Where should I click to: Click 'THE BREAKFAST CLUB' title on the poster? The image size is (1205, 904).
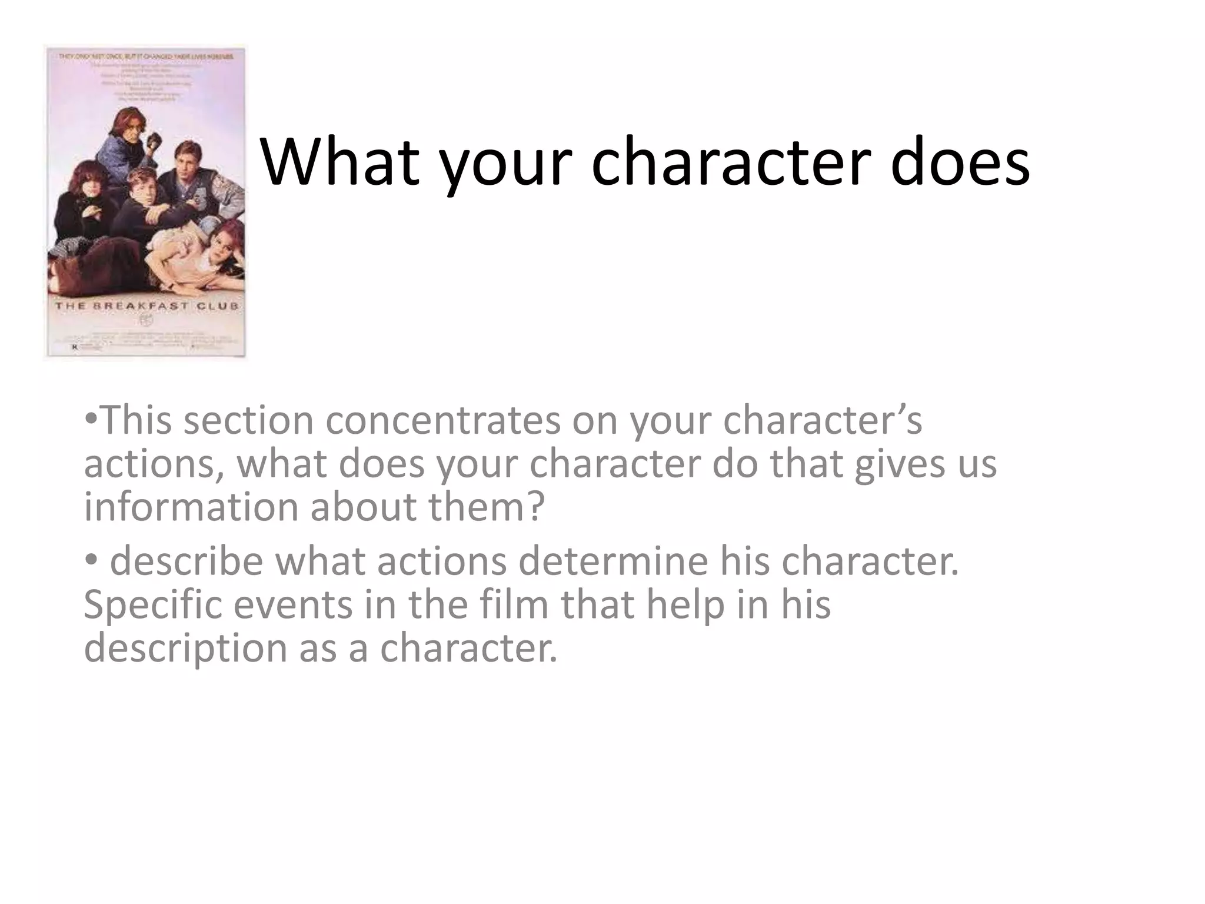pos(147,306)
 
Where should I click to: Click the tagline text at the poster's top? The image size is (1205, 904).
pos(145,56)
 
